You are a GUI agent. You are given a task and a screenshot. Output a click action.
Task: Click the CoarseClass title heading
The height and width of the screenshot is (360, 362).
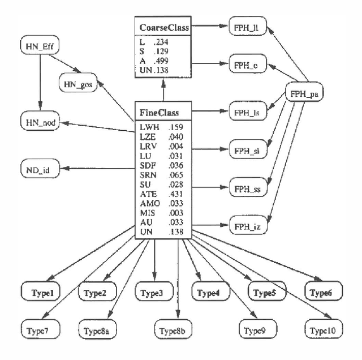pyautogui.click(x=163, y=28)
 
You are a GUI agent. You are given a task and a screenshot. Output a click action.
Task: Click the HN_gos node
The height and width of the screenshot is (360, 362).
pyautogui.click(x=78, y=84)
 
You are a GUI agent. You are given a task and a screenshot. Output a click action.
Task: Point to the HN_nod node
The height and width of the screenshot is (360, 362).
pyautogui.click(x=39, y=122)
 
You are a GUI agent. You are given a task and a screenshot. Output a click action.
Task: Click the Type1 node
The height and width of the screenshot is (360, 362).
pyautogui.click(x=41, y=293)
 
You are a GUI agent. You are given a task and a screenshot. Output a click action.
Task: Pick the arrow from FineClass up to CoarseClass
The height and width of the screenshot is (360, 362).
pyautogui.click(x=163, y=91)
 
